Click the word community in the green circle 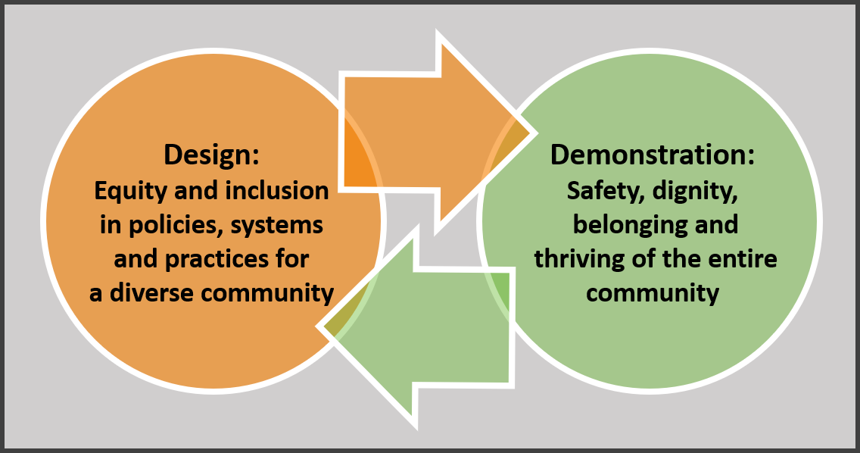tap(652, 293)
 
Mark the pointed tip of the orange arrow tap(534, 134)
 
